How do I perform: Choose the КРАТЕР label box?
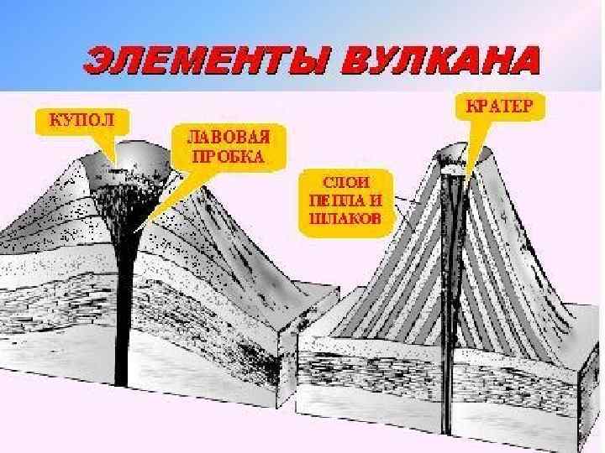pos(499,107)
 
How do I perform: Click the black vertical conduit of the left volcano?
pos(123,319)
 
